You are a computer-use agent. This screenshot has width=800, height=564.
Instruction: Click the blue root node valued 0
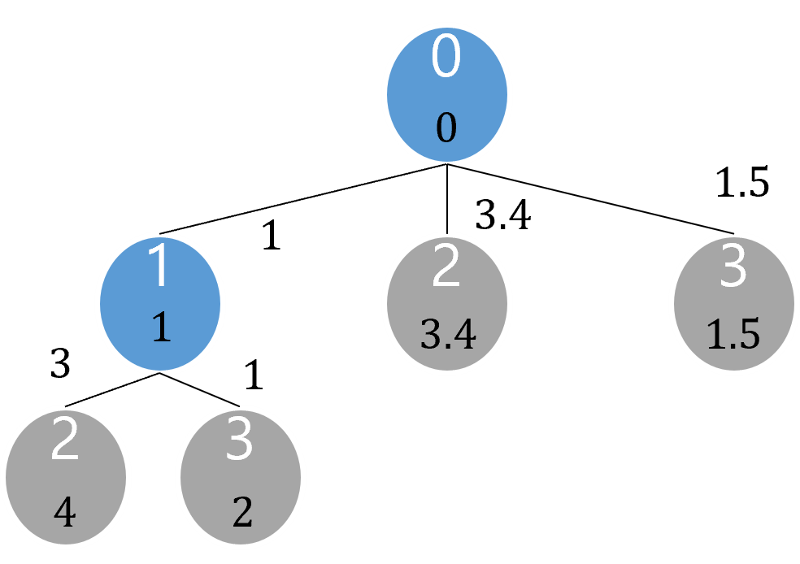(446, 94)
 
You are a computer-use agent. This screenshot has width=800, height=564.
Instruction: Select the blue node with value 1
(160, 303)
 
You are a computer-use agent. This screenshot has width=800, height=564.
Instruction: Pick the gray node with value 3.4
(446, 303)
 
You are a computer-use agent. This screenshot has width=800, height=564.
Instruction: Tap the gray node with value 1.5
(733, 303)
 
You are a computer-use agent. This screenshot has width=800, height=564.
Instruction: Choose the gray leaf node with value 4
(65, 476)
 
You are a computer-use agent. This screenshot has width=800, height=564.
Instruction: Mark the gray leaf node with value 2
(241, 476)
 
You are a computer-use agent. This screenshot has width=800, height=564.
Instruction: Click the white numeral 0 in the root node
(446, 58)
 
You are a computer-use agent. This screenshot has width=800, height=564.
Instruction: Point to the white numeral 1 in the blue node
(159, 267)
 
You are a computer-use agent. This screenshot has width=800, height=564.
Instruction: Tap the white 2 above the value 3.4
(446, 267)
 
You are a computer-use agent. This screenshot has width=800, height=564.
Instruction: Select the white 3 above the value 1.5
(733, 267)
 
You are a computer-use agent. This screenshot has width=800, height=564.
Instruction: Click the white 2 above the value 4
(65, 440)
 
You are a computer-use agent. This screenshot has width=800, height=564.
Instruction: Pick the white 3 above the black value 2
(241, 440)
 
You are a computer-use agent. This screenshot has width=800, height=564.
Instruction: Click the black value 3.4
(448, 335)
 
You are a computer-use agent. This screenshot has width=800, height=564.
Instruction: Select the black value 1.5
(733, 335)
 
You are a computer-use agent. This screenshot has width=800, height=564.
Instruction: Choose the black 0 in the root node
(446, 128)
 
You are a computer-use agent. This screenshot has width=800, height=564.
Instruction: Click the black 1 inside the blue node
(161, 328)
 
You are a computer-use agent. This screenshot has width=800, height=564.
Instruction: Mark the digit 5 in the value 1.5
(748, 335)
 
